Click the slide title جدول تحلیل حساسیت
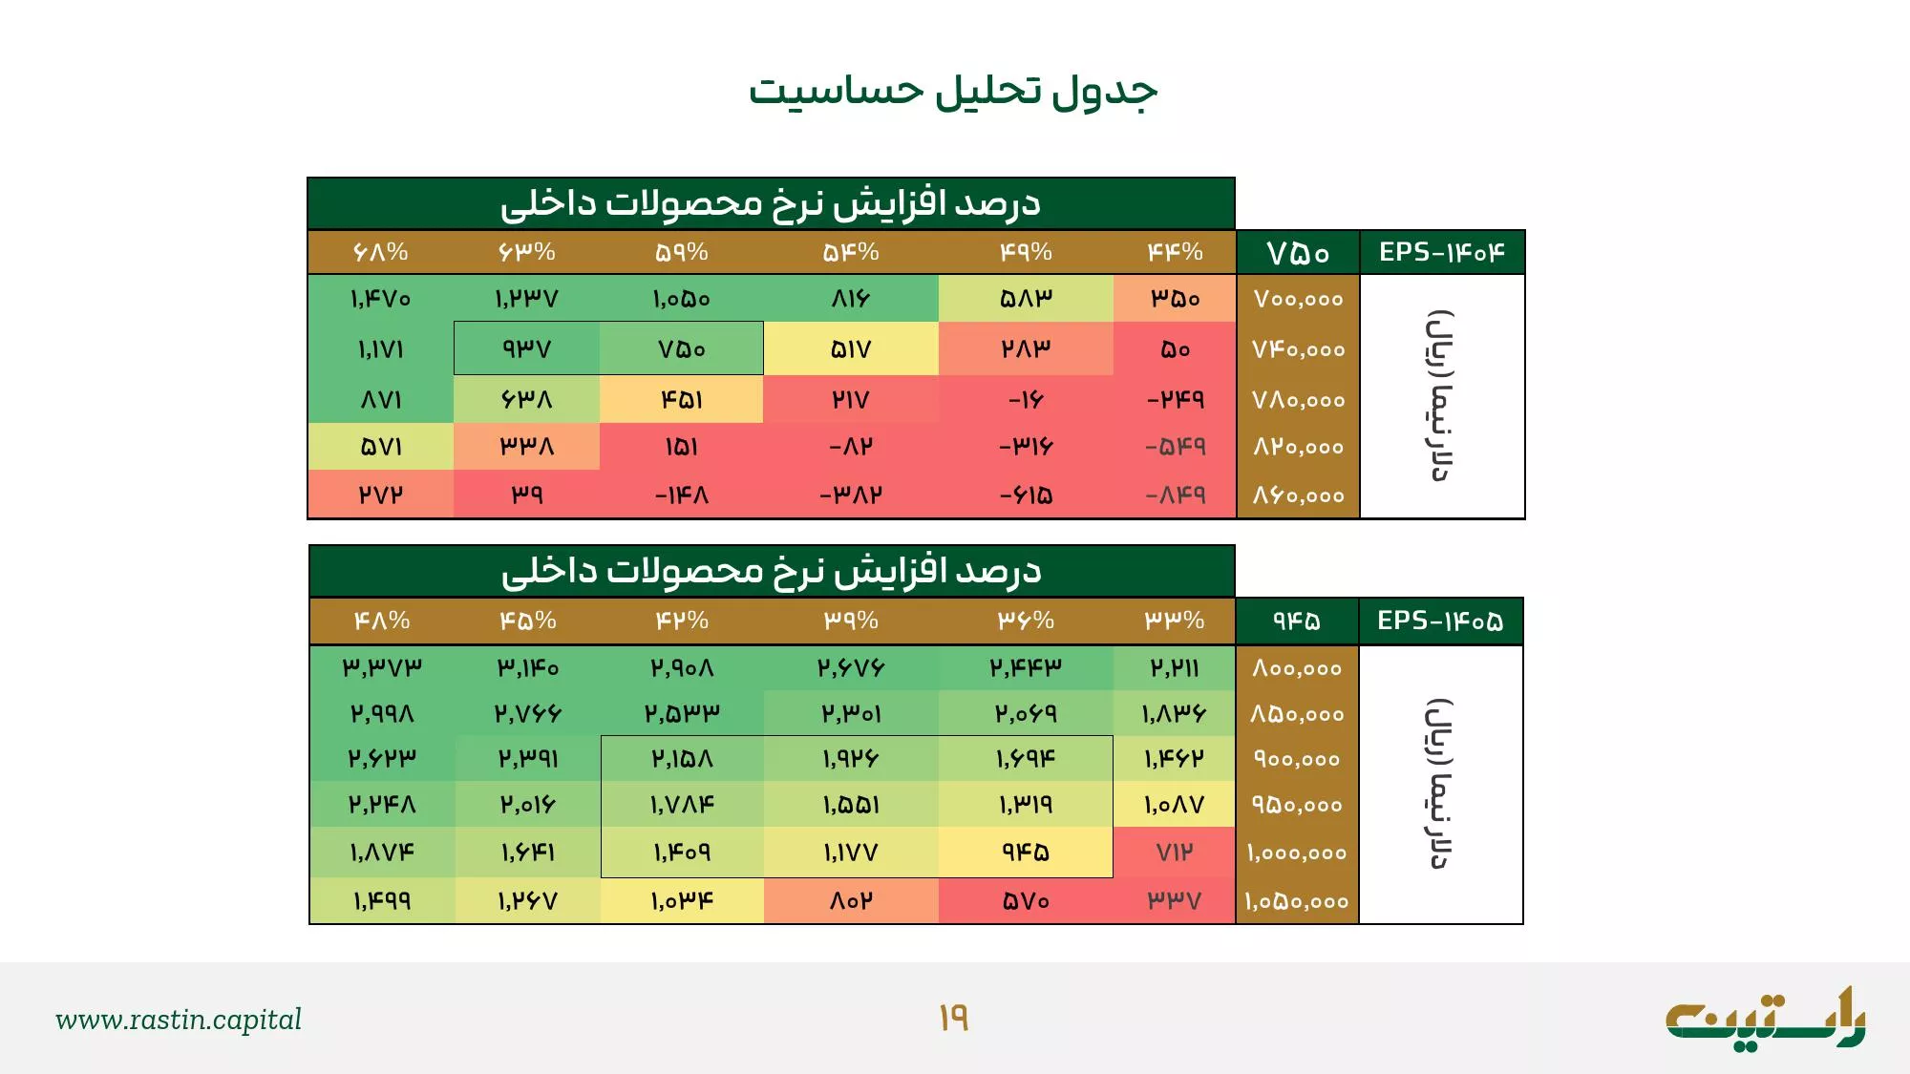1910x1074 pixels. point(953,92)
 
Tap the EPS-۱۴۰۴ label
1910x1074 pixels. point(1441,252)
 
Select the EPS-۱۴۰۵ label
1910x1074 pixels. point(1440,621)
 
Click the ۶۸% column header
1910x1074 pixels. point(380,252)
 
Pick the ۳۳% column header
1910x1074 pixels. point(1175,621)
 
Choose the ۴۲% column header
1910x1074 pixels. point(682,621)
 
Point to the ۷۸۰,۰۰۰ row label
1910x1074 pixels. point(1298,400)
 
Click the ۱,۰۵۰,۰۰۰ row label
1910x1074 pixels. point(1297,901)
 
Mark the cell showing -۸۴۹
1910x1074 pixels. point(1175,495)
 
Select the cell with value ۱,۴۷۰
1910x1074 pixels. point(380,299)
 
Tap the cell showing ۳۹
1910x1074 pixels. point(526,495)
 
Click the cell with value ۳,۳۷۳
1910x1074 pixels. point(382,667)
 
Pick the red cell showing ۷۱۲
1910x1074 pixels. point(1175,853)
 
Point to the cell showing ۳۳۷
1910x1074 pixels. point(1175,901)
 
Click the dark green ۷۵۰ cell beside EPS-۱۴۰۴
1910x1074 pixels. point(1298,253)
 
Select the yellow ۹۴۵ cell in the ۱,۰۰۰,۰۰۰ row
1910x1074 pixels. point(1026,853)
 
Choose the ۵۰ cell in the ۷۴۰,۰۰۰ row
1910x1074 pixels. point(1175,349)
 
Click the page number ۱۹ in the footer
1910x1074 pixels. point(953,1019)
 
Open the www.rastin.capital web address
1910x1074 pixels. point(179,1020)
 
